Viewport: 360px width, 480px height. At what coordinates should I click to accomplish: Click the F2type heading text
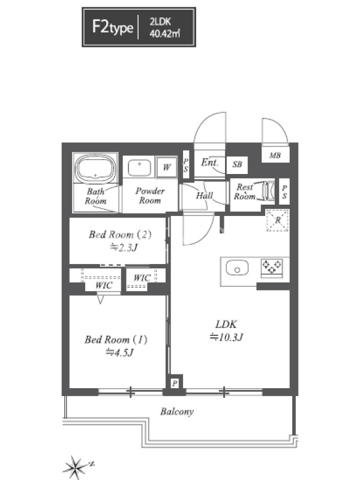(113, 27)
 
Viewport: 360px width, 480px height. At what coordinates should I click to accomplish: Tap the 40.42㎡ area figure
(164, 34)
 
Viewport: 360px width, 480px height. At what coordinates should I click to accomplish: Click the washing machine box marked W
(167, 167)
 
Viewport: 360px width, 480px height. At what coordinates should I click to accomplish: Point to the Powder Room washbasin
(139, 167)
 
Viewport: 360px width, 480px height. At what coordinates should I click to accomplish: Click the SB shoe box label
(237, 164)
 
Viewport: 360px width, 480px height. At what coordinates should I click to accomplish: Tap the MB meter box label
(275, 155)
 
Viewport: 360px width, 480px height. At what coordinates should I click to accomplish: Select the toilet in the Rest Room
(269, 191)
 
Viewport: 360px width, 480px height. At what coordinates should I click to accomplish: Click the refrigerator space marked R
(278, 220)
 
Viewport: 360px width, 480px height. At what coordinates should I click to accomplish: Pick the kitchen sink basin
(237, 268)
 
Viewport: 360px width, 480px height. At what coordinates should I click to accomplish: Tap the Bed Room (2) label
(121, 235)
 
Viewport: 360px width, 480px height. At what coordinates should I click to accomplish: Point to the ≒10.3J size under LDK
(226, 337)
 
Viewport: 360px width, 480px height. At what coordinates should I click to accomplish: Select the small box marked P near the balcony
(175, 383)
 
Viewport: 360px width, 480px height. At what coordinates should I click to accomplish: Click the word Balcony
(176, 412)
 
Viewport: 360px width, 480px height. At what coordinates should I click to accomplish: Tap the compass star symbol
(76, 467)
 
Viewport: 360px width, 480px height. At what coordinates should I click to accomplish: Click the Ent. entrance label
(209, 162)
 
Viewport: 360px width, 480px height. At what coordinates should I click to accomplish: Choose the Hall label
(204, 196)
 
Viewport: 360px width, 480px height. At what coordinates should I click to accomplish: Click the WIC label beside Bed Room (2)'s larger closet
(104, 286)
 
